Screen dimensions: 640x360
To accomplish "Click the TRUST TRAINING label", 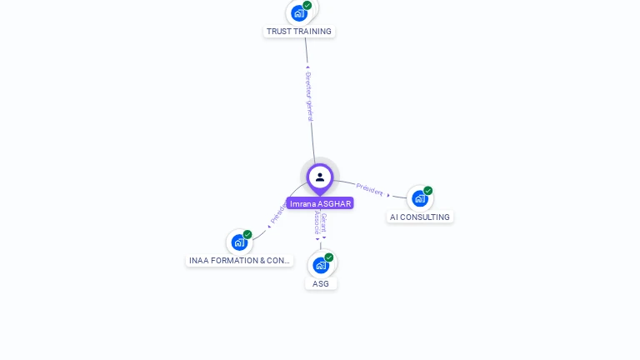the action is (x=299, y=32).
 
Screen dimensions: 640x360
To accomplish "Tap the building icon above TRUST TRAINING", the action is (x=299, y=13).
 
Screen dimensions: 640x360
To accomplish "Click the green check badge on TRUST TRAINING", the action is (x=307, y=5).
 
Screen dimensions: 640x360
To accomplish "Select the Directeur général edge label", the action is (x=308, y=96).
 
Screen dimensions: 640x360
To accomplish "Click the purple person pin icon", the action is (x=320, y=177).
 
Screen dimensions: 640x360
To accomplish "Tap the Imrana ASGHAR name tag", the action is (x=320, y=203).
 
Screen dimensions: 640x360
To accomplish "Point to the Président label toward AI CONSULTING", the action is (x=369, y=189).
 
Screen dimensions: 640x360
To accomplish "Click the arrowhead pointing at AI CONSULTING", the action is (x=388, y=195).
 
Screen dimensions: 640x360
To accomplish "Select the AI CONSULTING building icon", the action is (x=419, y=198).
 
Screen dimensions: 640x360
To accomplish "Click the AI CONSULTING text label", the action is (x=420, y=217).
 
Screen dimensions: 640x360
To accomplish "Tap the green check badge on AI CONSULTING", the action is (x=428, y=191).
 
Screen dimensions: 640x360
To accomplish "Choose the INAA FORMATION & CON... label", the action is (x=239, y=261).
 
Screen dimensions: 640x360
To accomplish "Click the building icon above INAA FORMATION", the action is (x=239, y=242).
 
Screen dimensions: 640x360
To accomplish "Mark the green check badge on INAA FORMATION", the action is (x=247, y=235).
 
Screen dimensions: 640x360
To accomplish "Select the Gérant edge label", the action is (x=324, y=222).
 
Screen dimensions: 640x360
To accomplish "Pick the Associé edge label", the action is (x=317, y=222).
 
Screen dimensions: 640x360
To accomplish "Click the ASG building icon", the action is (x=321, y=265).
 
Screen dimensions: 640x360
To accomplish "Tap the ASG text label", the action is (x=321, y=283).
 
